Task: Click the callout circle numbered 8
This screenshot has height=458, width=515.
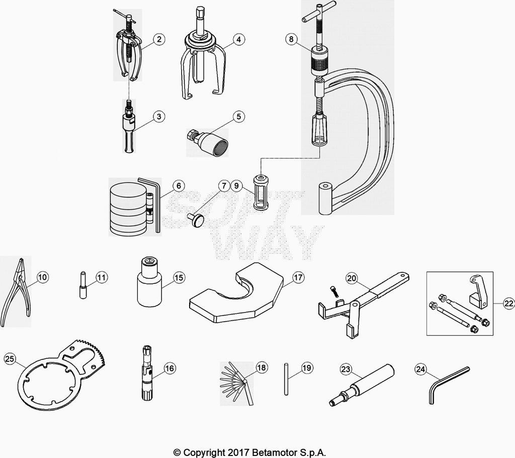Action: (x=290, y=39)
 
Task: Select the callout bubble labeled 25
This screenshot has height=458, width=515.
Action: (x=10, y=359)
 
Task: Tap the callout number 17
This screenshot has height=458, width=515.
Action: (x=298, y=277)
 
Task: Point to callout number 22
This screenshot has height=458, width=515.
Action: (x=508, y=303)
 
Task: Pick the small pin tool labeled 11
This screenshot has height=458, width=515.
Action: (x=82, y=286)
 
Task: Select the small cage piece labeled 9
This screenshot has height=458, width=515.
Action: (x=261, y=192)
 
